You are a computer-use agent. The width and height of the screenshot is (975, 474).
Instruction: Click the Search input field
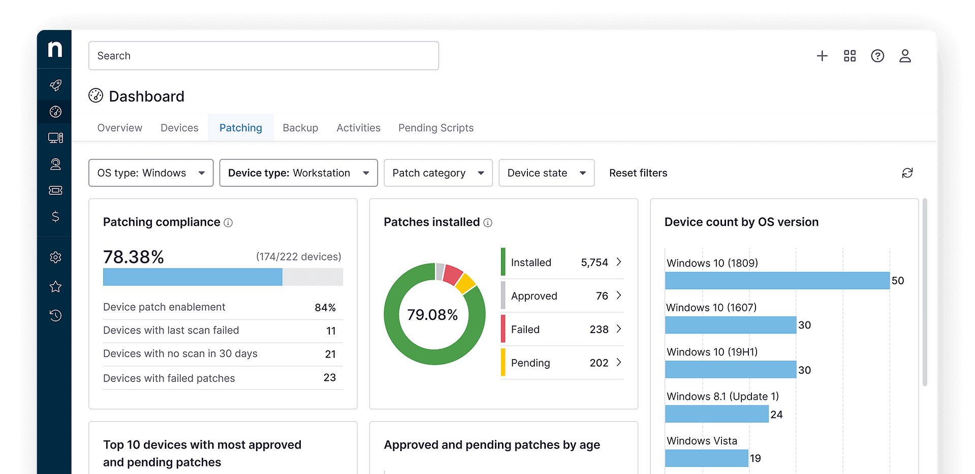pos(263,55)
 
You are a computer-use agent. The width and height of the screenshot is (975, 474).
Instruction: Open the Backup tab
pos(300,128)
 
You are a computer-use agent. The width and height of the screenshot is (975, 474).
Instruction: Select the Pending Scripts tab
pos(435,128)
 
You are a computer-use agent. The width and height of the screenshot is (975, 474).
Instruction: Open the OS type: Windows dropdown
pos(151,173)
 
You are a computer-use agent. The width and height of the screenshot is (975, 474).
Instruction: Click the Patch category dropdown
pos(437,173)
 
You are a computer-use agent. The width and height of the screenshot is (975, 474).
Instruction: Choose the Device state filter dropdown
pos(546,173)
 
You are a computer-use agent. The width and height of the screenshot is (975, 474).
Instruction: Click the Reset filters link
pos(638,173)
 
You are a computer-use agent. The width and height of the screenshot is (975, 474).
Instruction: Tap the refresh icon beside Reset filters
pos(907,173)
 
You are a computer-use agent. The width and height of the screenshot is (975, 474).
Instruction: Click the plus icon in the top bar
pos(822,56)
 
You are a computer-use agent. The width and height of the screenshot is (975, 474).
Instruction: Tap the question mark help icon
pos(877,56)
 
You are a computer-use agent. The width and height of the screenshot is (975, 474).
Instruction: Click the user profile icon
pos(904,56)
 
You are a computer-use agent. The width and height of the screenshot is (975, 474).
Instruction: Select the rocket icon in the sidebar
pos(55,85)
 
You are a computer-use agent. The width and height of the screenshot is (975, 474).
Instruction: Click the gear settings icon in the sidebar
pos(55,257)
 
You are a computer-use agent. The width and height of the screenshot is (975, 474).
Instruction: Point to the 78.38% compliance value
pos(133,257)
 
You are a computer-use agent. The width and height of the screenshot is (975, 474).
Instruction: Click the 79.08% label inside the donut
pos(432,315)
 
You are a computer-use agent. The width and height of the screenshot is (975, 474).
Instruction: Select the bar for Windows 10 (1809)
pos(777,281)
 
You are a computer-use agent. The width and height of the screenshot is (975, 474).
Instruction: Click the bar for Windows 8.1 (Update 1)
pos(716,414)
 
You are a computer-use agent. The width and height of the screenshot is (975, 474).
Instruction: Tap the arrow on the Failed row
pos(618,329)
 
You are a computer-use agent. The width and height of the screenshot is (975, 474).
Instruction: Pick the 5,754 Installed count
pos(594,262)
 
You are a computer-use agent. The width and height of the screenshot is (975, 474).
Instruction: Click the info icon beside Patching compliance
pos(228,223)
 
